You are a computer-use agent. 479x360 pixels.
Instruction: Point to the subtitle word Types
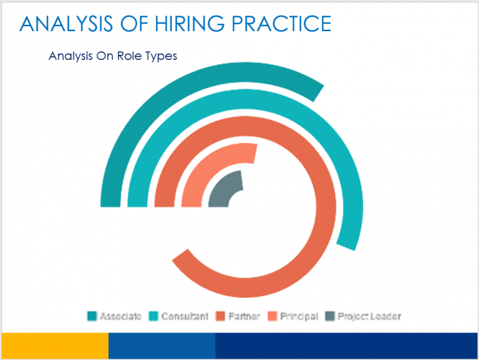coord(162,56)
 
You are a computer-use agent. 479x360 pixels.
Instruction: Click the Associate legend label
coord(120,316)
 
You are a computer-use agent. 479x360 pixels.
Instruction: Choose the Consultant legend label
coord(185,316)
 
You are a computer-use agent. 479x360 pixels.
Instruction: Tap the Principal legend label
coord(299,316)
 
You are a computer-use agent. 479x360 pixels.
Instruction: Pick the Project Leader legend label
coord(369,316)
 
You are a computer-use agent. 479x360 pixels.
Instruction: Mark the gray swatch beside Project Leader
coord(330,316)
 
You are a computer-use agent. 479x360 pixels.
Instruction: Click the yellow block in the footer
coord(55,346)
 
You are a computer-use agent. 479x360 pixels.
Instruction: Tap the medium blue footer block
coord(162,346)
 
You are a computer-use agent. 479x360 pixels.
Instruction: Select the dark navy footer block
coord(346,346)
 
